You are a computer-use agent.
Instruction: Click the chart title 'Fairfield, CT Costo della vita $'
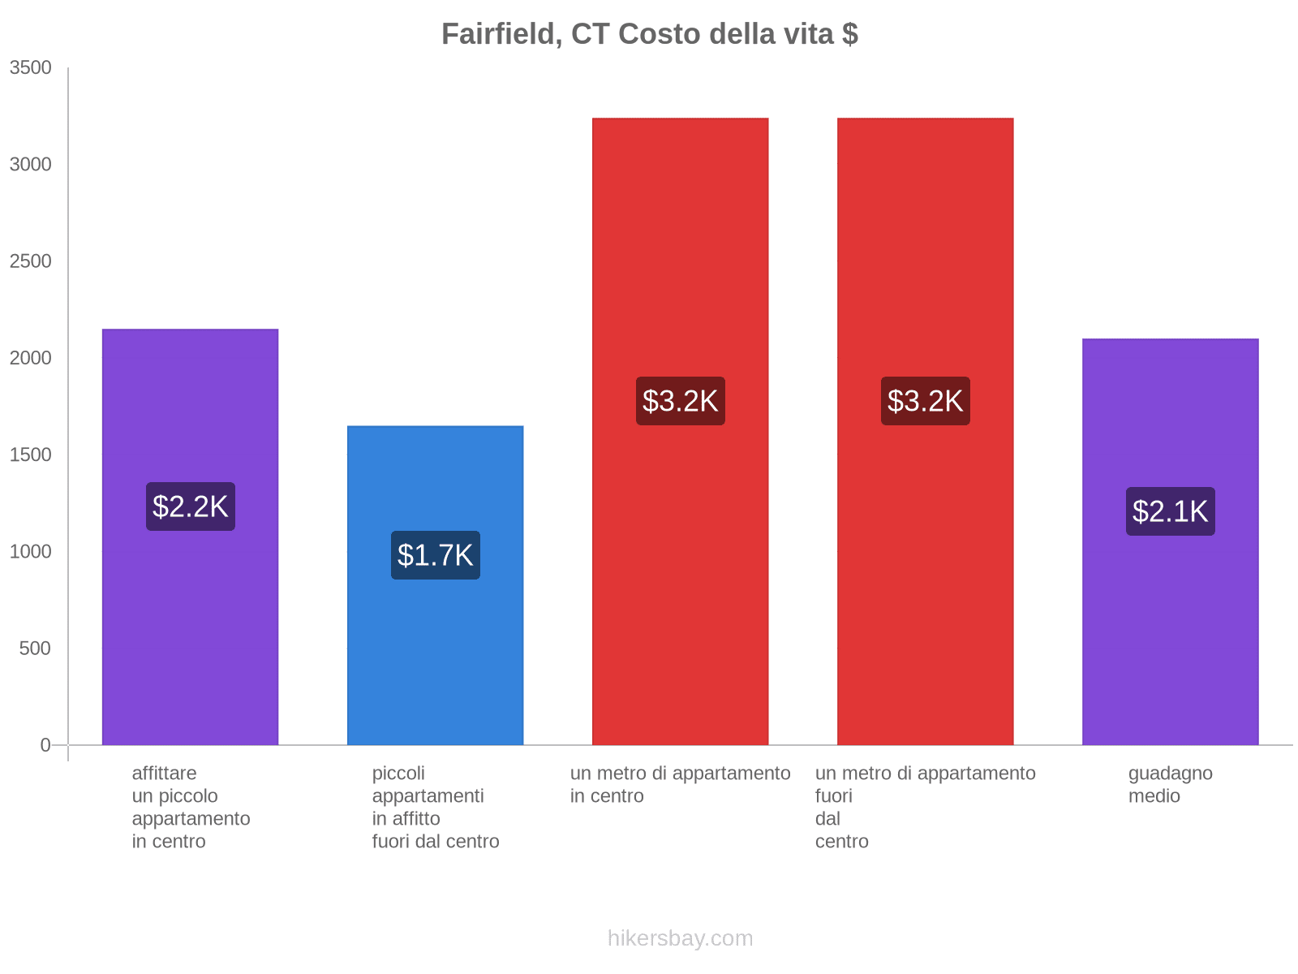pyautogui.click(x=649, y=34)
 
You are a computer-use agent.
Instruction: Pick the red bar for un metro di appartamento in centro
pyautogui.click(x=680, y=568)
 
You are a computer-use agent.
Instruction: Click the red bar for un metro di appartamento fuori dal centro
pyautogui.click(x=925, y=568)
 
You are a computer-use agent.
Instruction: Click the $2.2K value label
pyautogui.click(x=191, y=506)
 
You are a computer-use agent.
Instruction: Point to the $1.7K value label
pyautogui.click(x=436, y=555)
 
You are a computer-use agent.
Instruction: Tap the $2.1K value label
pyautogui.click(x=1170, y=511)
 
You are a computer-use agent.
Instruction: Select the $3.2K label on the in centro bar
pyautogui.click(x=680, y=401)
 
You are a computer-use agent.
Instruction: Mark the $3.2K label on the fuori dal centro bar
pyautogui.click(x=925, y=401)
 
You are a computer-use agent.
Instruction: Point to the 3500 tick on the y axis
pyautogui.click(x=31, y=68)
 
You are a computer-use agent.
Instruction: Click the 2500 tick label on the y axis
pyautogui.click(x=31, y=261)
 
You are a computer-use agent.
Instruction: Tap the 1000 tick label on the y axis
pyautogui.click(x=31, y=552)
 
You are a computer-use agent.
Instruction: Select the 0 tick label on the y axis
pyautogui.click(x=45, y=745)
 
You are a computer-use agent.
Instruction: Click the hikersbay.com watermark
pyautogui.click(x=680, y=938)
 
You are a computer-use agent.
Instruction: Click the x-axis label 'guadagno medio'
pyautogui.click(x=1170, y=785)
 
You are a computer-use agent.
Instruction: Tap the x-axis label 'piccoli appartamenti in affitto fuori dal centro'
pyautogui.click(x=436, y=808)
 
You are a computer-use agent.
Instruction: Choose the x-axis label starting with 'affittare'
pyautogui.click(x=191, y=808)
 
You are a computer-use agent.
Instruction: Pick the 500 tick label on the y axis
pyautogui.click(x=36, y=649)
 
